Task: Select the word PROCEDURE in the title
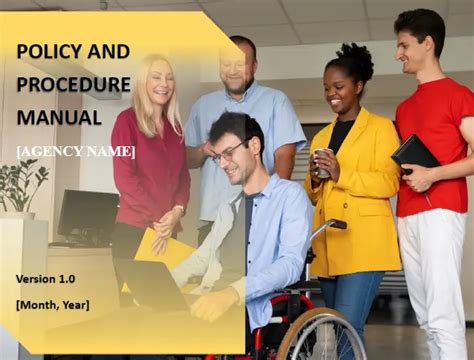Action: point(73,84)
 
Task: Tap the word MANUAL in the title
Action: point(59,117)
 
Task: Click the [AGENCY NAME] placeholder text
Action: point(75,151)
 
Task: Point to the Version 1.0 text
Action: point(46,277)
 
